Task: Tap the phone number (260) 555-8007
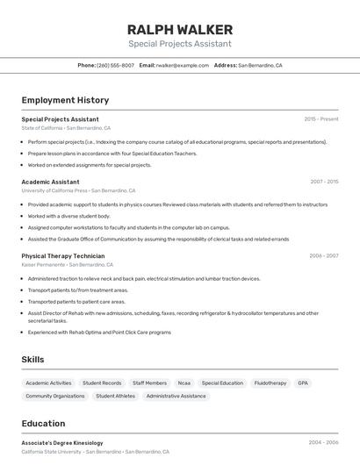(x=115, y=65)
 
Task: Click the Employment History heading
(x=65, y=100)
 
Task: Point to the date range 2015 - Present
(x=321, y=119)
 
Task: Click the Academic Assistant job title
(x=50, y=182)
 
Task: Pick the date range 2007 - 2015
(x=324, y=182)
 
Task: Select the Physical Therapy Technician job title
(x=63, y=256)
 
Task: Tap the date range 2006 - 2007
(x=324, y=256)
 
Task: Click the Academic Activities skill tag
(x=48, y=383)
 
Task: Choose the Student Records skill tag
(x=102, y=383)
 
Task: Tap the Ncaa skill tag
(x=184, y=383)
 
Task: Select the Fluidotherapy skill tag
(x=270, y=383)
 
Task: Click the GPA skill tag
(x=303, y=383)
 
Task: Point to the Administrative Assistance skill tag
(x=176, y=396)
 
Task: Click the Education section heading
(x=43, y=423)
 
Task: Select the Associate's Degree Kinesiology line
(x=62, y=443)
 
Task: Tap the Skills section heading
(x=32, y=360)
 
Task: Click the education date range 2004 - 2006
(x=323, y=443)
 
